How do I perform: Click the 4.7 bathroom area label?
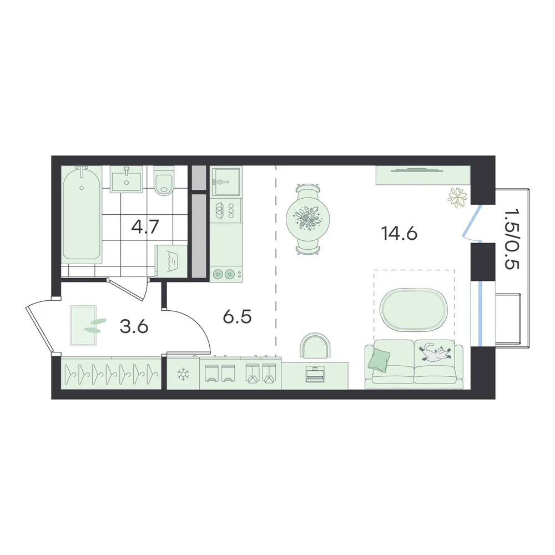(x=145, y=226)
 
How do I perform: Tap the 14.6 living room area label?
(x=399, y=233)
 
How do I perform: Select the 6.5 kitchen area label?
(x=237, y=316)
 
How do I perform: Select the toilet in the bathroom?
(x=165, y=180)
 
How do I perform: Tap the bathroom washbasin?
(x=127, y=179)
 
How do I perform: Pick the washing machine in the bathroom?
(x=171, y=261)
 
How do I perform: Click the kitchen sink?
(x=226, y=181)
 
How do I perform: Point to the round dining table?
(x=308, y=219)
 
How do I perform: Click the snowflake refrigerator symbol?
(x=183, y=374)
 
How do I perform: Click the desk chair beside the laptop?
(x=315, y=345)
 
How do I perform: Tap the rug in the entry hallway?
(x=83, y=326)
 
